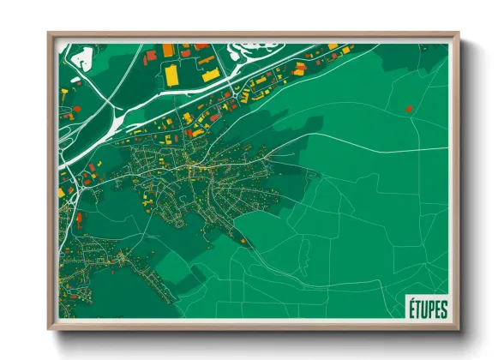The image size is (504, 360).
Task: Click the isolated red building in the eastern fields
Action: pyautogui.click(x=409, y=109)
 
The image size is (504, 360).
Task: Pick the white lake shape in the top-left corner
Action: pyautogui.click(x=82, y=58)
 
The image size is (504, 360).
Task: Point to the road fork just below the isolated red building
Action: pyautogui.click(x=410, y=121)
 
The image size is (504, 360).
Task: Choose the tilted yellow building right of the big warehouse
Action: pyautogui.click(x=209, y=75)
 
